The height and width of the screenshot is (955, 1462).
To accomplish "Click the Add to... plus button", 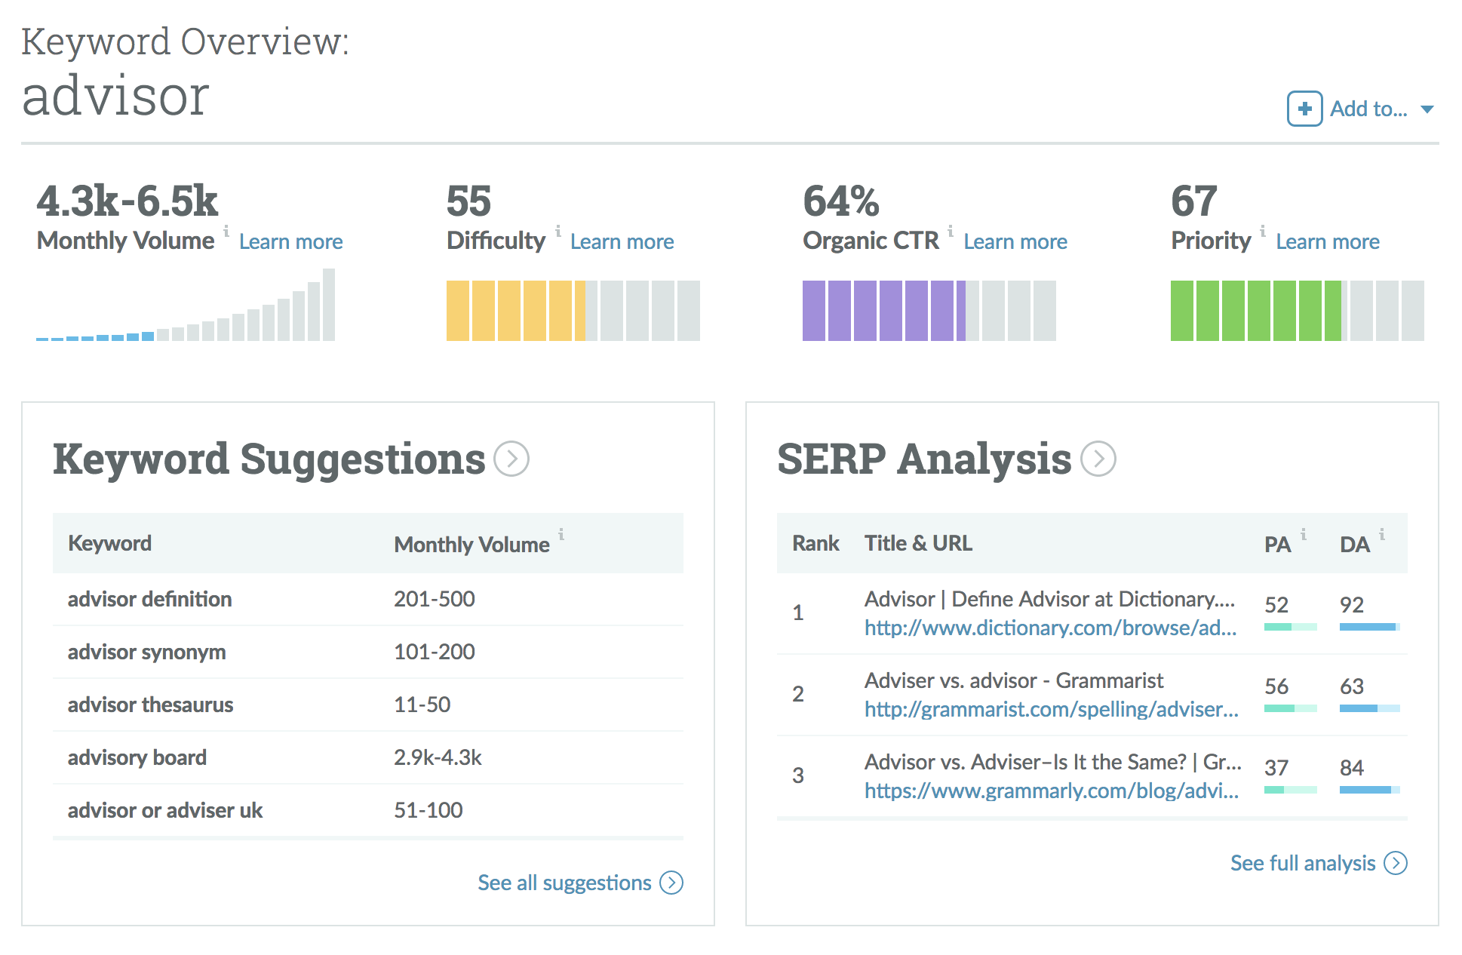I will point(1304,109).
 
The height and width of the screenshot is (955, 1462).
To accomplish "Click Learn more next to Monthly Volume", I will point(290,241).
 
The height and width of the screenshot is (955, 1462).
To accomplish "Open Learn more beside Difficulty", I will point(622,241).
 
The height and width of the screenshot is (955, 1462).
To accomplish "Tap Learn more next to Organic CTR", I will point(1015,241).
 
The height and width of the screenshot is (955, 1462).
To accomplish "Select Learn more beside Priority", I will point(1327,241).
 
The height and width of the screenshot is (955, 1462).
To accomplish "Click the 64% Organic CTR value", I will point(840,201).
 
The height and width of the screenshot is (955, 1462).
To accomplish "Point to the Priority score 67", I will point(1193,201).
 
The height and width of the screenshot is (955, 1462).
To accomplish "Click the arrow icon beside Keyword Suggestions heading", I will point(511,459).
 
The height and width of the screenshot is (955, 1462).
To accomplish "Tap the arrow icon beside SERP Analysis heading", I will point(1098,459).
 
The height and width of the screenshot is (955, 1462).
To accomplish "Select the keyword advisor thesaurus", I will point(150,705).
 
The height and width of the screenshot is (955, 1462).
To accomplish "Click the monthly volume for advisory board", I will point(438,757).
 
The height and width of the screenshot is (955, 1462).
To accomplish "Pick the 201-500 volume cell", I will point(435,599).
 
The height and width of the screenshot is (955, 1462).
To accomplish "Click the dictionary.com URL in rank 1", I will point(1050,628).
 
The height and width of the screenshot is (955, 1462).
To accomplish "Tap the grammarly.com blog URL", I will point(1051,791).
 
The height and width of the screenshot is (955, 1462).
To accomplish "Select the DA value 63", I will point(1351,686).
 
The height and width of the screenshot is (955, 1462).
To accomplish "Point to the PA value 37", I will point(1276,768).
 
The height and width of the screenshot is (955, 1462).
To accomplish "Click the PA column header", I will point(1277,545).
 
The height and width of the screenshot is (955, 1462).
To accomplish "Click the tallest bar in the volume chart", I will point(329,305).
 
